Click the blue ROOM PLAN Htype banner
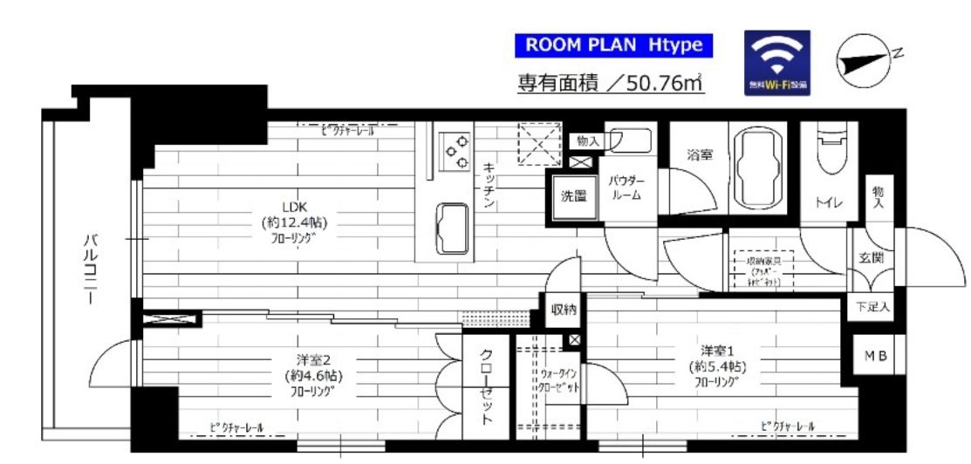(613, 45)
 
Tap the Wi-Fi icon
(776, 62)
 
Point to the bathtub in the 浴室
(756, 168)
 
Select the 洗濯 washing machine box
(572, 196)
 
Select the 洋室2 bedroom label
(311, 375)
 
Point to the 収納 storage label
(564, 310)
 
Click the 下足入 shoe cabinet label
(872, 307)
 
